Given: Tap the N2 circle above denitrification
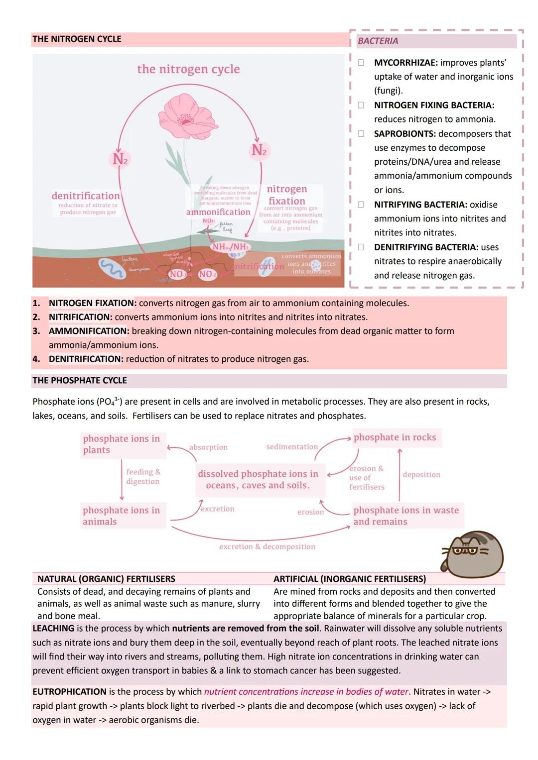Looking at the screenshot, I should [x=120, y=159].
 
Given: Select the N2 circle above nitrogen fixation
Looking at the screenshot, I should [x=259, y=150].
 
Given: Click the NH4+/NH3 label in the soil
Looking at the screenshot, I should [x=230, y=247].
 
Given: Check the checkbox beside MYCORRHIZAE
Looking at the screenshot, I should [x=361, y=63].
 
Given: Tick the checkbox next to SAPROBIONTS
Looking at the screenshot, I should [x=361, y=133].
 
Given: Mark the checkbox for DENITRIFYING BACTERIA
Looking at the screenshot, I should [x=361, y=247].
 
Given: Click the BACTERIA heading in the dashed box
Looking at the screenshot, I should [x=378, y=41].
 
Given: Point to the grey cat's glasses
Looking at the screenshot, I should [x=465, y=551].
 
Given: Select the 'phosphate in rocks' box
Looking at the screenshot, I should [x=395, y=437].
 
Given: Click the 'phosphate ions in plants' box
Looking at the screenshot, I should [x=122, y=444].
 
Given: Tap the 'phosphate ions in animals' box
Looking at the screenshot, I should [x=122, y=516].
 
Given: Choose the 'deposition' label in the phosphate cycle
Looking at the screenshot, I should [x=421, y=475].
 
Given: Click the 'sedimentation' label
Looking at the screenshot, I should [x=292, y=447].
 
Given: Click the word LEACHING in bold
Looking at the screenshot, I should [x=53, y=628].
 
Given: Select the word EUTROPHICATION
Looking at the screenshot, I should [x=69, y=692].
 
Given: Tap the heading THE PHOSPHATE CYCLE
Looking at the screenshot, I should [x=80, y=380].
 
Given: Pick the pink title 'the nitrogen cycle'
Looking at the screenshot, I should [x=188, y=69].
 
